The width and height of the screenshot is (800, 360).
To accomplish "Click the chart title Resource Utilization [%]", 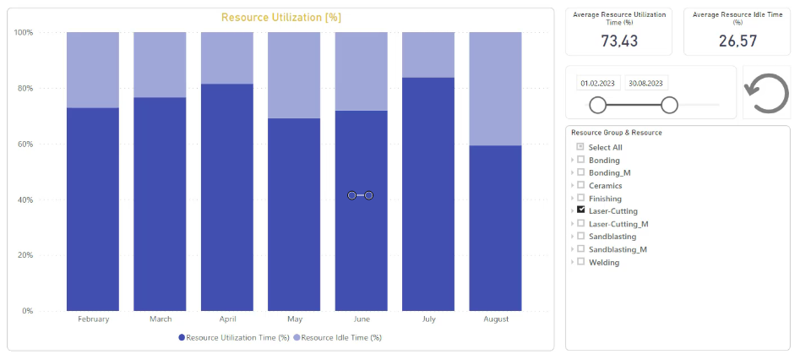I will tap(280, 18).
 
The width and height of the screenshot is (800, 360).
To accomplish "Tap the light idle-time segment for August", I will tap(495, 88).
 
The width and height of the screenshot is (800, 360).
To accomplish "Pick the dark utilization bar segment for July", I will tap(428, 194).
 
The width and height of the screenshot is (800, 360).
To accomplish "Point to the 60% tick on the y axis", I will tap(24, 144).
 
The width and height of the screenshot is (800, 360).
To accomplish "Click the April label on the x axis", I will tap(227, 319).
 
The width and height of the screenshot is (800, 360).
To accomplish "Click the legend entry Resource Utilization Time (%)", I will tap(234, 338).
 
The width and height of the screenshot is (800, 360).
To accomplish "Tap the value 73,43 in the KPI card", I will tap(619, 41).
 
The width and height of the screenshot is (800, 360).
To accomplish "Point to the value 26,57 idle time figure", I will tap(737, 41).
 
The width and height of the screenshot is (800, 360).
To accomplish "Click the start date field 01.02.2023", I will tap(598, 83).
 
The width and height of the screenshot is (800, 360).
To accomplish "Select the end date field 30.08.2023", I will tap(645, 83).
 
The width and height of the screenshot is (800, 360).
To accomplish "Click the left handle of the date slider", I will tap(598, 104).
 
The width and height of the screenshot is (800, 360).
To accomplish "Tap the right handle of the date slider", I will tap(670, 104).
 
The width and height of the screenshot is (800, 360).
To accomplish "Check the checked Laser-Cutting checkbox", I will tap(580, 210).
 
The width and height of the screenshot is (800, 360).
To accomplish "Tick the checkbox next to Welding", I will tap(580, 262).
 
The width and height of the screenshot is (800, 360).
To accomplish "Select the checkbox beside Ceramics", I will tap(580, 185).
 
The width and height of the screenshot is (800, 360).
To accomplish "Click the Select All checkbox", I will tap(580, 147).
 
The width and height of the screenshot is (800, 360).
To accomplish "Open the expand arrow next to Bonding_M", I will tap(573, 172).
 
